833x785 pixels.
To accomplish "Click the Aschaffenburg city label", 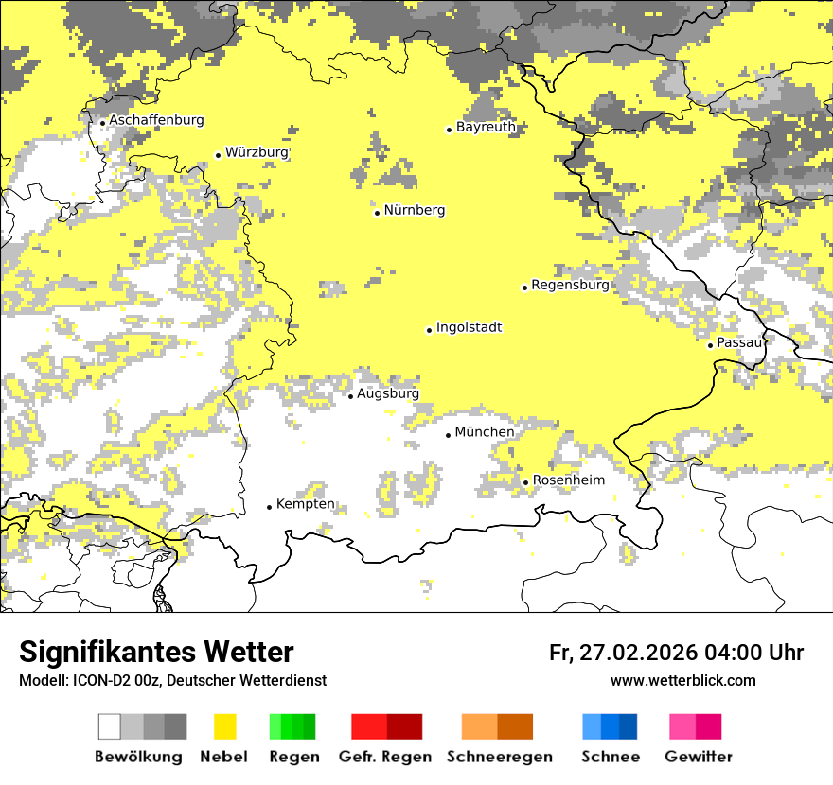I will click(x=156, y=121).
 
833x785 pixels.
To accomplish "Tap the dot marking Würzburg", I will click(x=218, y=155).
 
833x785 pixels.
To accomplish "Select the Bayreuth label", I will click(x=486, y=127).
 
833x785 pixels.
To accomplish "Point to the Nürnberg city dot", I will click(x=377, y=213).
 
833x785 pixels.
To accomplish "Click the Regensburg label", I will click(x=570, y=285).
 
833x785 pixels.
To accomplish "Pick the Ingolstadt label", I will click(x=469, y=328).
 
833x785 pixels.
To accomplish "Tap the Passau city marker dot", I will click(x=710, y=345).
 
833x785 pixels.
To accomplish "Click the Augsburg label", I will click(x=387, y=393).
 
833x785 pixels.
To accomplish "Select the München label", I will click(x=485, y=432).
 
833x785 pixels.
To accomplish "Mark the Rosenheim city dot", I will click(x=525, y=482).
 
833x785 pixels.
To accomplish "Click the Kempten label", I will click(x=305, y=504).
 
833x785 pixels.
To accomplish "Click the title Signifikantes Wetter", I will click(x=156, y=653).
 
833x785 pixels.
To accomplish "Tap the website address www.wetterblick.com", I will click(x=682, y=680).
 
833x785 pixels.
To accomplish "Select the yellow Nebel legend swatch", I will click(x=224, y=726).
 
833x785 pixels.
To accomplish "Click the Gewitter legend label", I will click(x=698, y=757).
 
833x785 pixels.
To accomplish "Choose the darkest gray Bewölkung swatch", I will click(x=175, y=726).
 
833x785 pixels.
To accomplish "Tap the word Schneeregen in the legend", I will click(x=499, y=757).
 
